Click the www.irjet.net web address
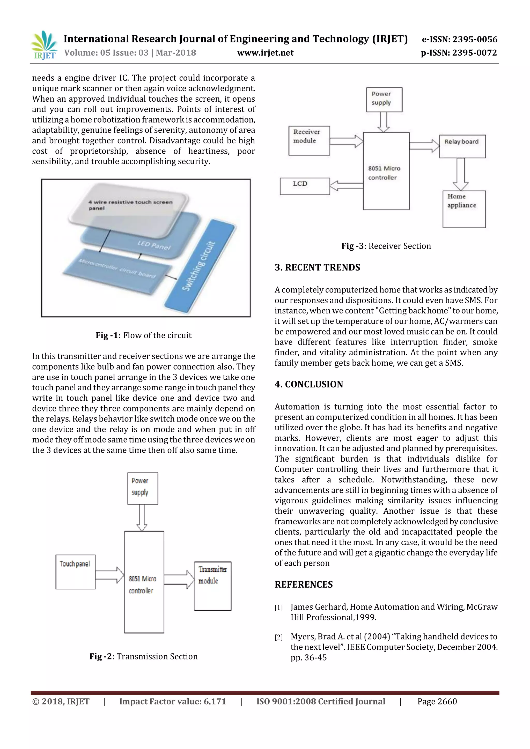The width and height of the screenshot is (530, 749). click(x=265, y=53)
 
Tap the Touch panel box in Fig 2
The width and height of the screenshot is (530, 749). click(x=75, y=572)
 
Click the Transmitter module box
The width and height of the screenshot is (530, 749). click(x=213, y=586)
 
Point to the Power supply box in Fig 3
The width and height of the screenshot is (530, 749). click(x=384, y=100)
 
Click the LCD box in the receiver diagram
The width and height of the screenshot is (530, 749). click(x=305, y=186)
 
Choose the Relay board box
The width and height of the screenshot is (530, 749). click(x=462, y=146)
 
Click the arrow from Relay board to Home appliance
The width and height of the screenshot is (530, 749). click(x=460, y=174)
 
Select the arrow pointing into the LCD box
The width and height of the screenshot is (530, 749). click(x=346, y=186)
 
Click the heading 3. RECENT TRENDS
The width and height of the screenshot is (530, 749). click(x=317, y=267)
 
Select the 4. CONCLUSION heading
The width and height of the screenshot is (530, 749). click(x=309, y=384)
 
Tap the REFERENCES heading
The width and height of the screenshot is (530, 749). click(x=304, y=584)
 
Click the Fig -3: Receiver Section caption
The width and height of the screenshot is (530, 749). click(x=386, y=246)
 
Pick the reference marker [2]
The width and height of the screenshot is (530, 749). click(x=278, y=637)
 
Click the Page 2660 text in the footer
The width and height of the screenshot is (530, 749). click(x=437, y=701)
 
